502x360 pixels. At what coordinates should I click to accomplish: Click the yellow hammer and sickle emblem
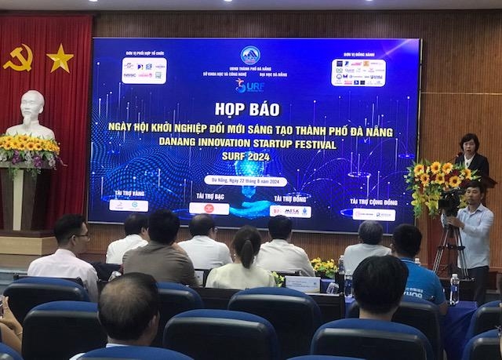click(x=18, y=57)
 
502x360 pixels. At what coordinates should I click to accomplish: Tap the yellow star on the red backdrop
click(x=60, y=57)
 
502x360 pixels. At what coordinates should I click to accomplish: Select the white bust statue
click(x=31, y=115)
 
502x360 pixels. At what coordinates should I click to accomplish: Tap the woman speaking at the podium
click(x=471, y=155)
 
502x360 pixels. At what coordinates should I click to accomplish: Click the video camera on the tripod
click(x=452, y=202)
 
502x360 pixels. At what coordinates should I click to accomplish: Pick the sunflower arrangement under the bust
click(x=29, y=149)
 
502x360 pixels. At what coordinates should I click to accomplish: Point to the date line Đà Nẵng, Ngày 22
click(x=246, y=180)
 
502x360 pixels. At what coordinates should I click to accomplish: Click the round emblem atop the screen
click(x=249, y=55)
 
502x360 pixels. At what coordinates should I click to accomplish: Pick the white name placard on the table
click(x=302, y=284)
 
